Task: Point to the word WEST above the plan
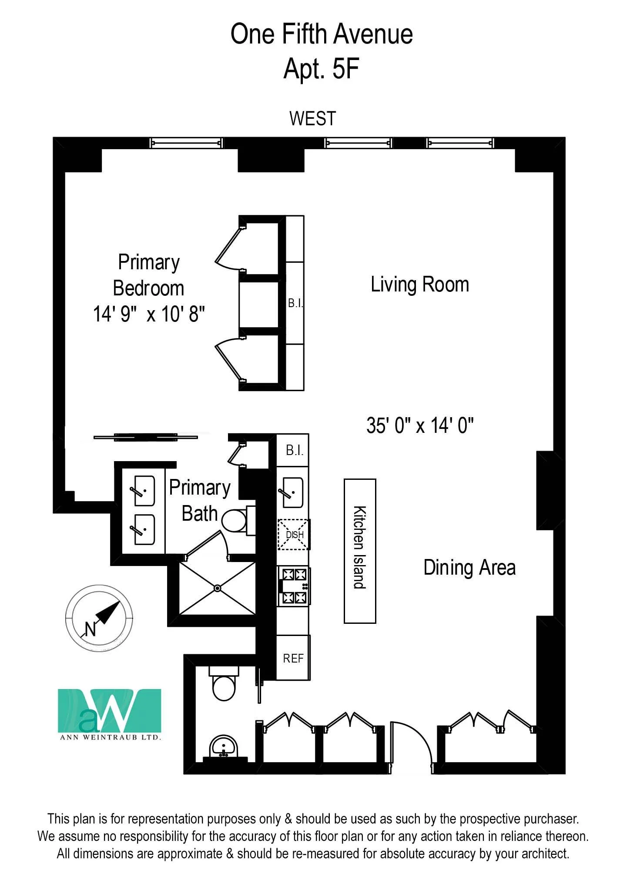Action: click(x=312, y=119)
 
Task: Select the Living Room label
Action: click(x=419, y=285)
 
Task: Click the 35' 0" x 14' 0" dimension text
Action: click(x=419, y=425)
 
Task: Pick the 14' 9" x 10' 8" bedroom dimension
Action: click(x=149, y=314)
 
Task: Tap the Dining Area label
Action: click(x=469, y=568)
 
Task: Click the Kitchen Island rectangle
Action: click(x=360, y=551)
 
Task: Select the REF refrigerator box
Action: click(x=293, y=658)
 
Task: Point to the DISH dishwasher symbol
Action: click(x=294, y=535)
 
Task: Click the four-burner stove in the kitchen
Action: click(x=294, y=586)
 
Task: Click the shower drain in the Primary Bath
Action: click(x=218, y=588)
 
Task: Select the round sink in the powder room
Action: click(x=224, y=746)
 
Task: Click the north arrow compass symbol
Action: click(x=99, y=618)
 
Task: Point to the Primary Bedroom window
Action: click(x=186, y=143)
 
